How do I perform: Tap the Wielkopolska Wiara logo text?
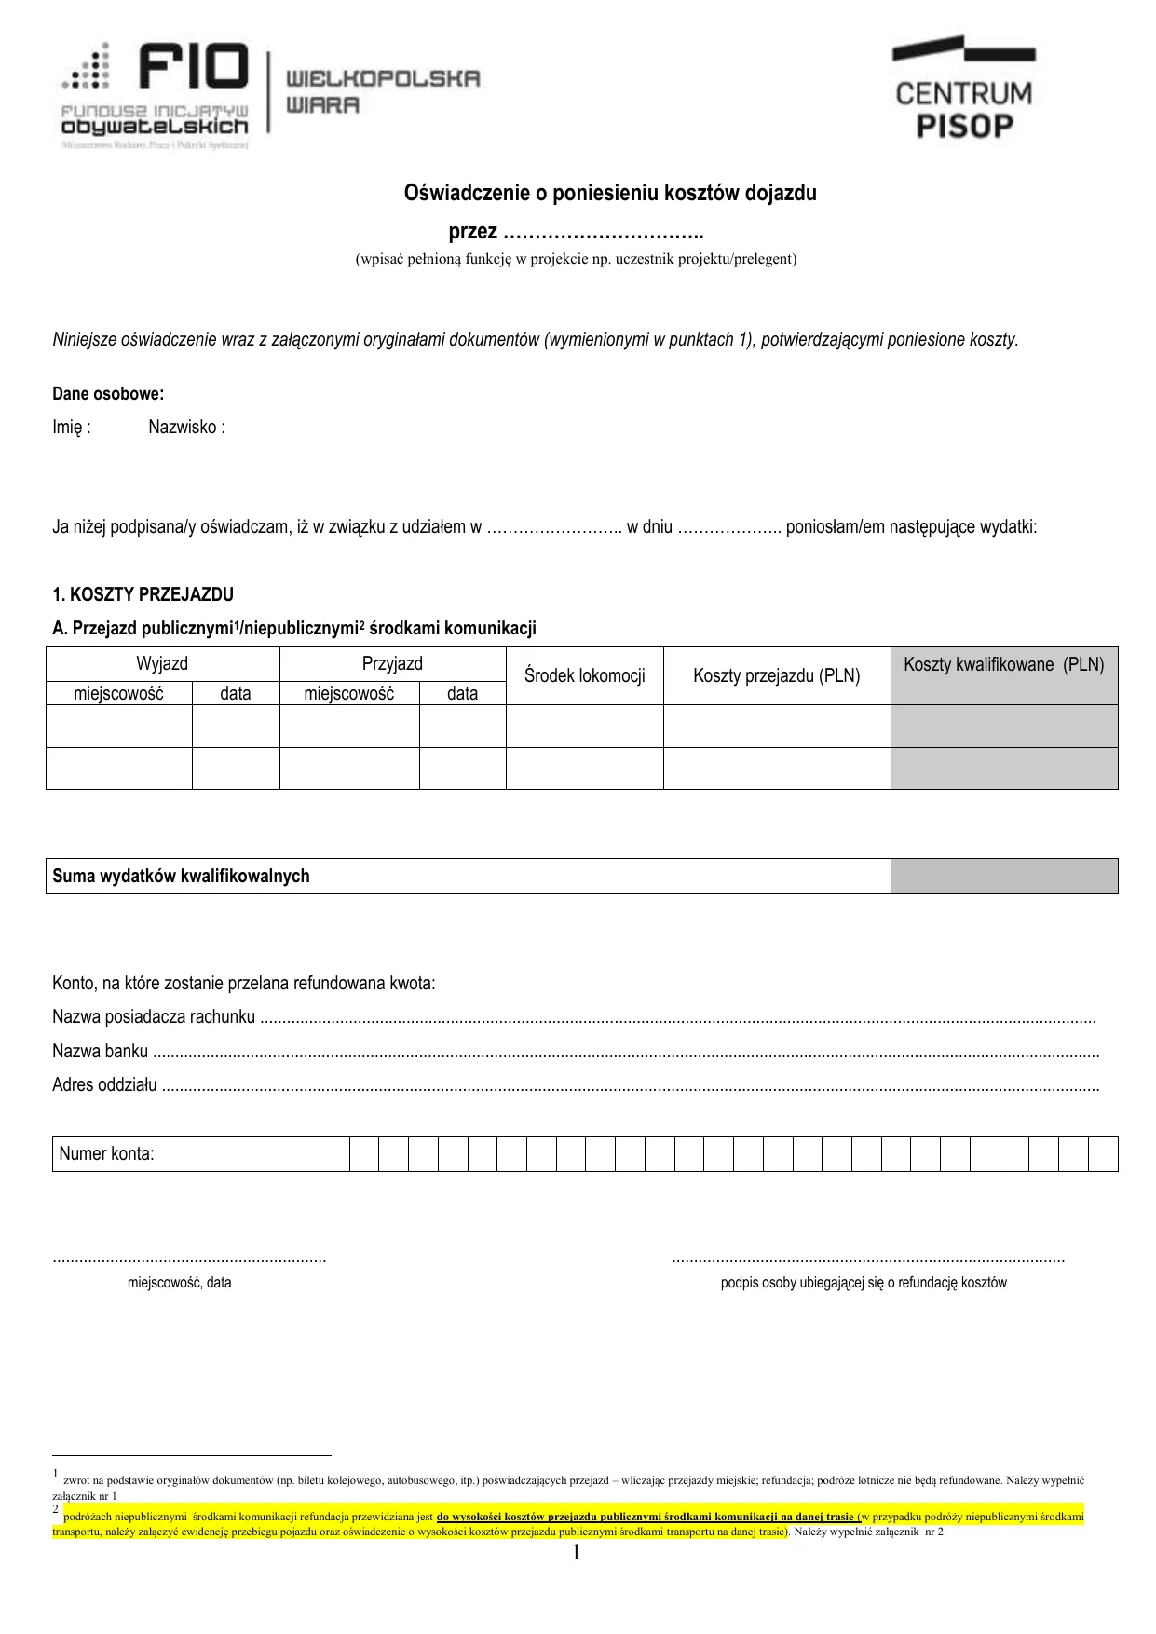pos(382,91)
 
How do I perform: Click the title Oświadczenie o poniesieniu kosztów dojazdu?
pos(609,193)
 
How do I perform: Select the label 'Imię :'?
pos(72,428)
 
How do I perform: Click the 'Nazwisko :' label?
pos(186,428)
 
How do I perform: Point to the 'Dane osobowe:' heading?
pos(108,394)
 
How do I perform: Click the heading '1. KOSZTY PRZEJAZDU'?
pos(143,594)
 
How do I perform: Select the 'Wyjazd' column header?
pos(162,663)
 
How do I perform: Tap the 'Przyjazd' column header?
pos(392,663)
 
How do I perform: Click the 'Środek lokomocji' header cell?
pos(584,675)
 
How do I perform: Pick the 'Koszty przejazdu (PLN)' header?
pos(776,675)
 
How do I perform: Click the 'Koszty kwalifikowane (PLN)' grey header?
pos(1003,665)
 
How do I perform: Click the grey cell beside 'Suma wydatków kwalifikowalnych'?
pos(1003,876)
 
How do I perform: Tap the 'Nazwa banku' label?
pos(100,1052)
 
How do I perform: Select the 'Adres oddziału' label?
pos(104,1085)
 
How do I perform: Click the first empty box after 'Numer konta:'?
pos(364,1153)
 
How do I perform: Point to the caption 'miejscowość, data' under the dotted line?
pos(179,1283)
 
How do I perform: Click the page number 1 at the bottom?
pos(576,1552)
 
